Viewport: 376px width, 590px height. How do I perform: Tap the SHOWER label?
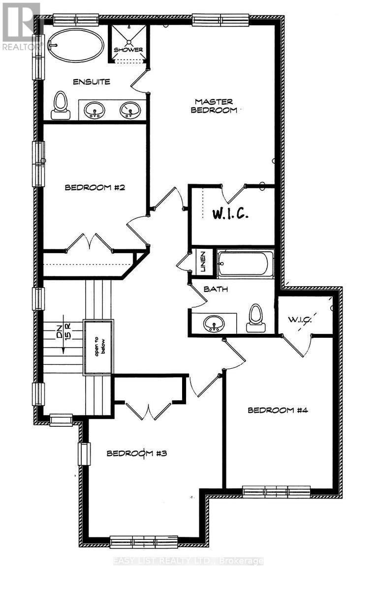tap(128, 50)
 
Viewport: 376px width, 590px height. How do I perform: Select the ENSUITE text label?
tap(92, 82)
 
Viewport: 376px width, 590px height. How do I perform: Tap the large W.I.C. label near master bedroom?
tap(231, 214)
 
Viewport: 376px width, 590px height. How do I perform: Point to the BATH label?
tap(217, 289)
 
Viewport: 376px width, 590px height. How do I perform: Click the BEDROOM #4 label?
tap(277, 410)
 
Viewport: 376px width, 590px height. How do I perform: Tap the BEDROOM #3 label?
tap(137, 453)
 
